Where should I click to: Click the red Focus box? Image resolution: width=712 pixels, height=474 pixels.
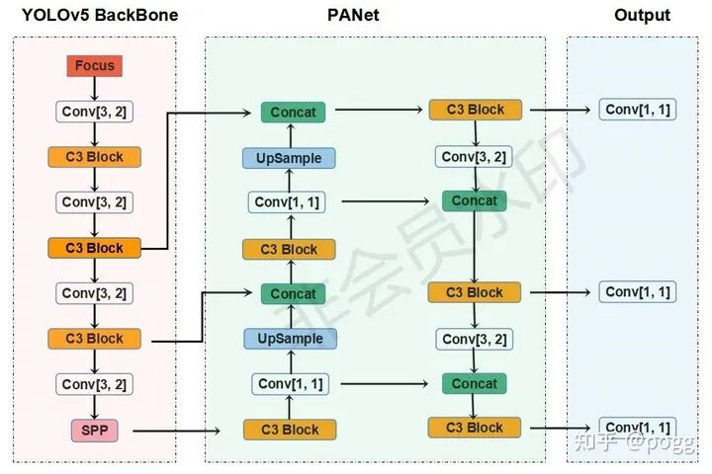(94, 66)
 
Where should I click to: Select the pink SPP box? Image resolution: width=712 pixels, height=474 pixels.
(94, 431)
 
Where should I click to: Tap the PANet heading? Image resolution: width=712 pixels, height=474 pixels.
(353, 15)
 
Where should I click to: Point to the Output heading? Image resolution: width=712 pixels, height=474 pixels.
(642, 15)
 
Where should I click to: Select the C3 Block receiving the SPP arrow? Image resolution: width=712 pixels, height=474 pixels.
(290, 430)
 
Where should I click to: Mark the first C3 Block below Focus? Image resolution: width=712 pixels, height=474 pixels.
(94, 157)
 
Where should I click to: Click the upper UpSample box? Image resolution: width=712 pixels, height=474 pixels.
(290, 158)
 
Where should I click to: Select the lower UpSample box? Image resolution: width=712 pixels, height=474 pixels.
(290, 339)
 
